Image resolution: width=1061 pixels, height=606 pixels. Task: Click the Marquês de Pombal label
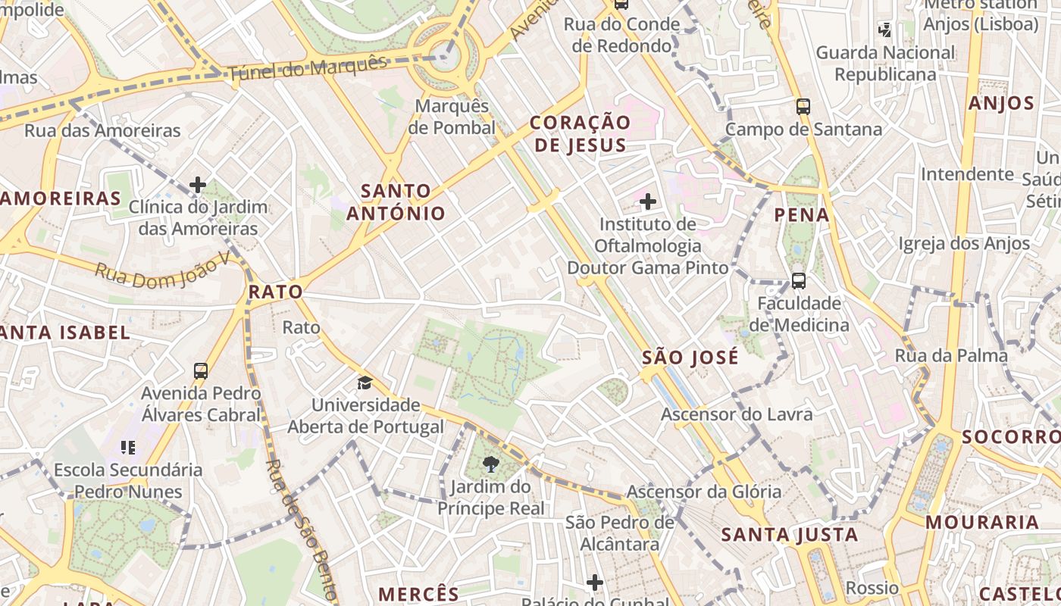(x=452, y=117)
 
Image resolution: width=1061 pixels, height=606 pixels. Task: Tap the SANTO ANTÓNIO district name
(x=396, y=202)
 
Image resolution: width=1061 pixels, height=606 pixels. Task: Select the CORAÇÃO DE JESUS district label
(x=580, y=134)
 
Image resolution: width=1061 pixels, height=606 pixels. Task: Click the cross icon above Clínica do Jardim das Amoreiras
(x=198, y=184)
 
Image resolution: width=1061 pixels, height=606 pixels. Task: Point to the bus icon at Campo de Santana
(x=803, y=107)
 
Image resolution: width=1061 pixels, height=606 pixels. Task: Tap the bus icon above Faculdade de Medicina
(x=798, y=281)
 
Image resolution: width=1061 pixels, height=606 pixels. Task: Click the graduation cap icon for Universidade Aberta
(x=365, y=383)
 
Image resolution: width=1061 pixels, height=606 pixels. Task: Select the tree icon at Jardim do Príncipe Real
(x=491, y=464)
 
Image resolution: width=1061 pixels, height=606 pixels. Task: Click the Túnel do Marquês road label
(x=307, y=68)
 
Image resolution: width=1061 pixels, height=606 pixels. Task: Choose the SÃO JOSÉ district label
(x=690, y=358)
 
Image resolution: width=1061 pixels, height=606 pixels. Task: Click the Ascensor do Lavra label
(x=737, y=414)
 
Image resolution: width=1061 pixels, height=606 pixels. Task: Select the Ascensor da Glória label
(x=703, y=492)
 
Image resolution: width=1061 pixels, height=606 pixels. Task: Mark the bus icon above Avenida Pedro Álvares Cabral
(x=201, y=371)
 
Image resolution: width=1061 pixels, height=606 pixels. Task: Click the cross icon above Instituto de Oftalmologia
(x=648, y=201)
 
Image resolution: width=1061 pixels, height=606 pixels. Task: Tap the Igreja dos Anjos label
(x=964, y=243)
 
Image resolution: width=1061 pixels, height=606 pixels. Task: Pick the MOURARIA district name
(x=982, y=522)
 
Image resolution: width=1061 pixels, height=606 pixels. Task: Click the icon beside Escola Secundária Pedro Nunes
(x=128, y=448)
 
